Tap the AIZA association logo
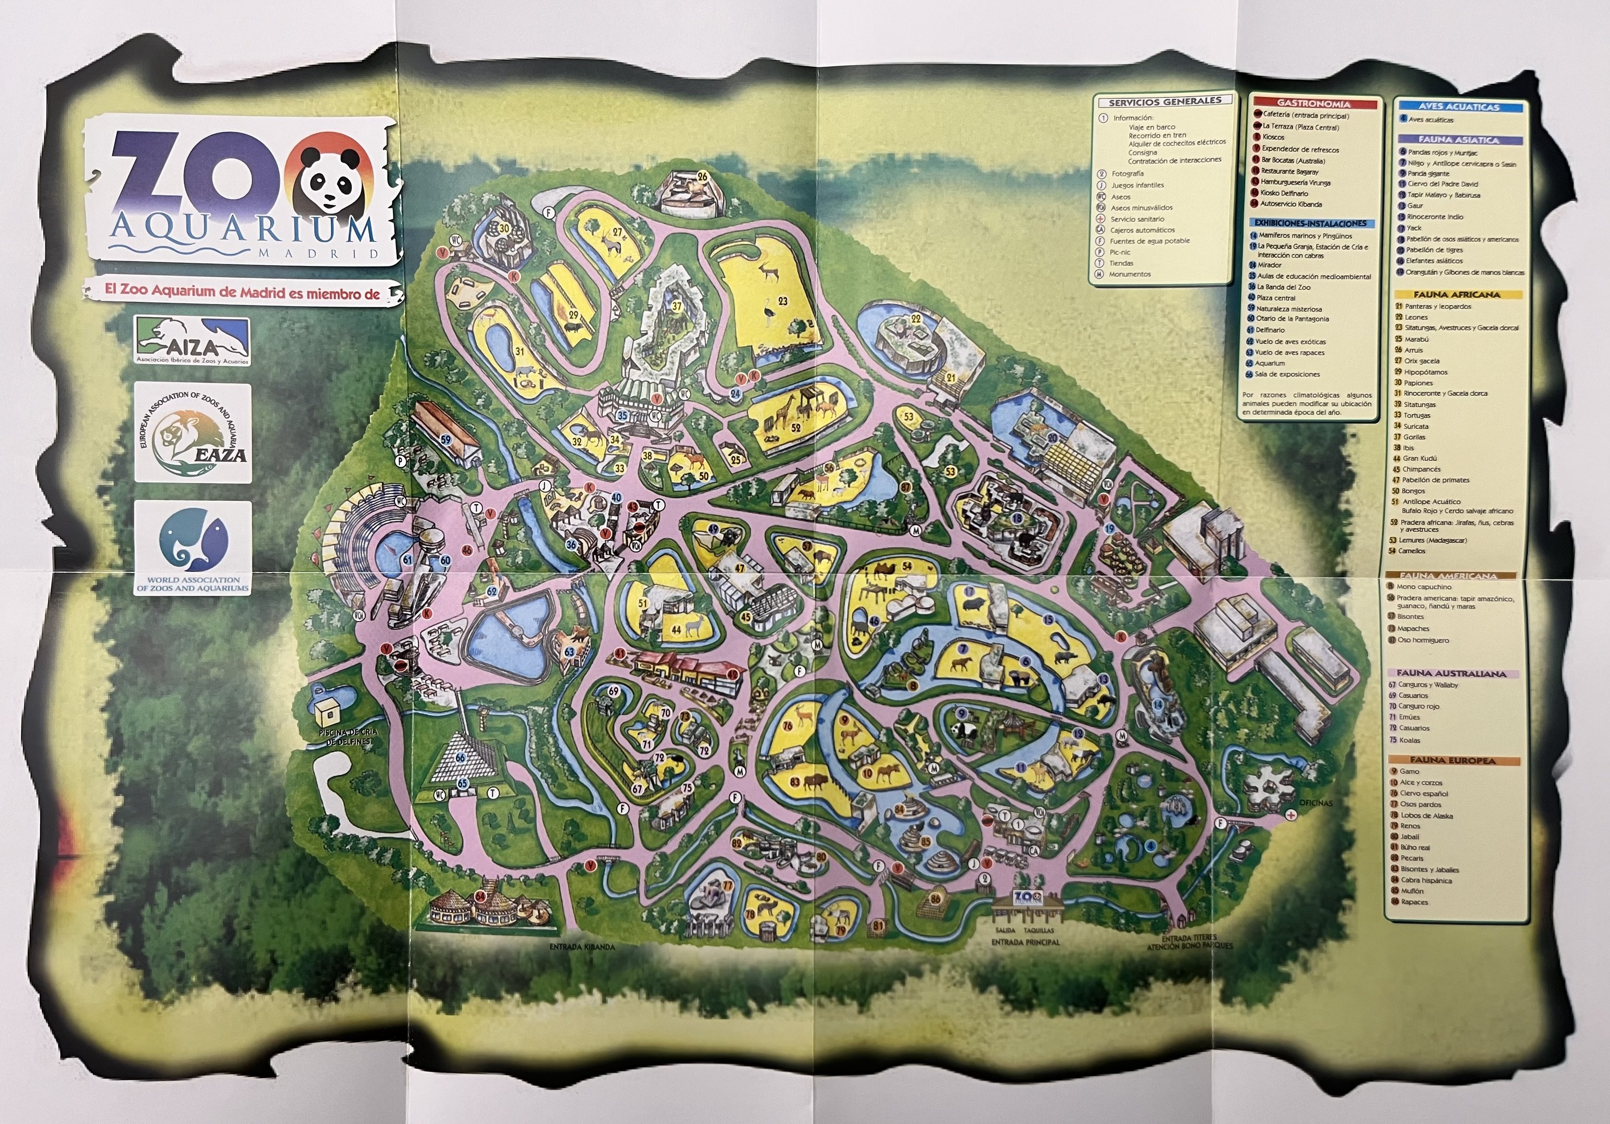tap(192, 340)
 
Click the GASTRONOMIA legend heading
tap(1313, 104)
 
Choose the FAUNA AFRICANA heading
tap(1456, 295)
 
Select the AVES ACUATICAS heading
tap(1459, 107)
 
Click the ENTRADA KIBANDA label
tap(581, 947)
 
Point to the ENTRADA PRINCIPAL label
tap(1025, 942)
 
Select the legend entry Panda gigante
tap(1428, 173)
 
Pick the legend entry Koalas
tap(1410, 740)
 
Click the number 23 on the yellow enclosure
tap(782, 301)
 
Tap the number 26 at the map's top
tap(702, 177)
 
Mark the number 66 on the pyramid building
tap(460, 757)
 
